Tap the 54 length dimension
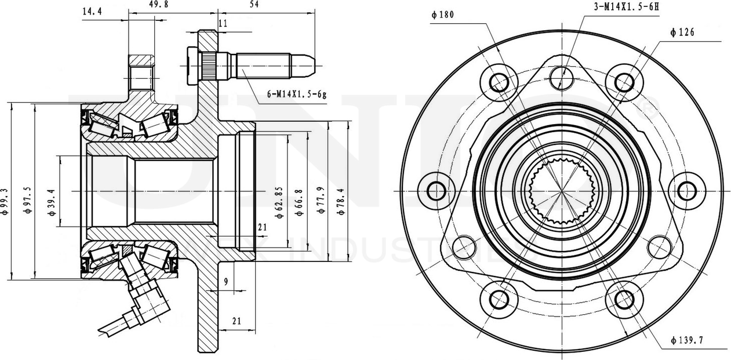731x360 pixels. (x=253, y=5)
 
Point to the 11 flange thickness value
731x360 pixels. (x=223, y=23)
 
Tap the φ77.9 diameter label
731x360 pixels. (x=321, y=201)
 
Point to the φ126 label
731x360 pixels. (x=682, y=32)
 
